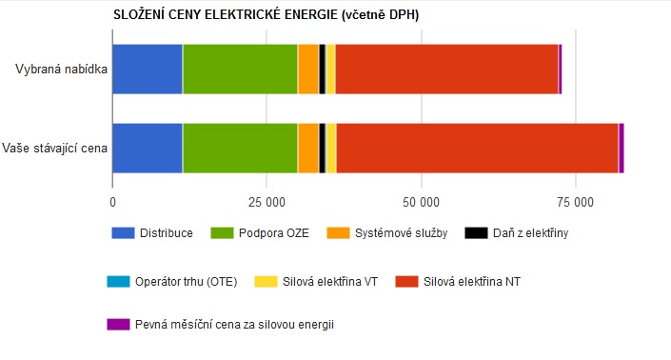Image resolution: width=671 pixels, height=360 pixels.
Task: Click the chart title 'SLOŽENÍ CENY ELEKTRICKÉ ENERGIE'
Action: [x=226, y=14]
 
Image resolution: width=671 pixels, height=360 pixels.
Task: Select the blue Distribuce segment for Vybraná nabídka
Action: [x=148, y=69]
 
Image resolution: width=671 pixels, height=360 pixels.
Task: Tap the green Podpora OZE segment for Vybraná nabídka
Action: [x=240, y=69]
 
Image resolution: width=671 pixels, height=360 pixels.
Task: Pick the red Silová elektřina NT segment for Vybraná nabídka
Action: [x=446, y=69]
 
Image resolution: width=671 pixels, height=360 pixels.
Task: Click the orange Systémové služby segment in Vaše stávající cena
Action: [x=308, y=149]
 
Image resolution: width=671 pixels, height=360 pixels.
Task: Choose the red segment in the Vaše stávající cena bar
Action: [x=477, y=149]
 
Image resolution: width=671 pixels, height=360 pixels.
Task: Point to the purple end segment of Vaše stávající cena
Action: [x=622, y=149]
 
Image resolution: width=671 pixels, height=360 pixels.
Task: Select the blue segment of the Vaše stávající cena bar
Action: [x=148, y=149]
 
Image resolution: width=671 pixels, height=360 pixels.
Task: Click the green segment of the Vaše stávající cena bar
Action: [x=240, y=149]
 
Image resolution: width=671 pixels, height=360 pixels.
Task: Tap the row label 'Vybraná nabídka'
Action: [x=61, y=69]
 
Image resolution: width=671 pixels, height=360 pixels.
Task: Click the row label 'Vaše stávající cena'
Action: [x=54, y=149]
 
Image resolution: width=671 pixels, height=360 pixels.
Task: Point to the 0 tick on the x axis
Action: [x=112, y=202]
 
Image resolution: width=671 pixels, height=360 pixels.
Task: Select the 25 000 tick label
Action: [x=266, y=202]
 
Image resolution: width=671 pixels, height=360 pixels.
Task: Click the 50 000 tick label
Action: [x=421, y=202]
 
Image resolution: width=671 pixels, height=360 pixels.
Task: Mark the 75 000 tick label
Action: [x=575, y=202]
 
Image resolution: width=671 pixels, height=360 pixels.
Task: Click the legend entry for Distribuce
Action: [x=152, y=233]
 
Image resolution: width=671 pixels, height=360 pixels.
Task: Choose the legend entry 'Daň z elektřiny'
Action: [x=517, y=233]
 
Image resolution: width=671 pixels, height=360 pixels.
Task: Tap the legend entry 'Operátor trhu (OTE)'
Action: [x=172, y=282]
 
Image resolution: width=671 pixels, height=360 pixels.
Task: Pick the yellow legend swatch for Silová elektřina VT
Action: [x=266, y=282]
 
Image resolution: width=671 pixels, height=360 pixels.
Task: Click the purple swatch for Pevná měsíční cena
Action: [x=118, y=325]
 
